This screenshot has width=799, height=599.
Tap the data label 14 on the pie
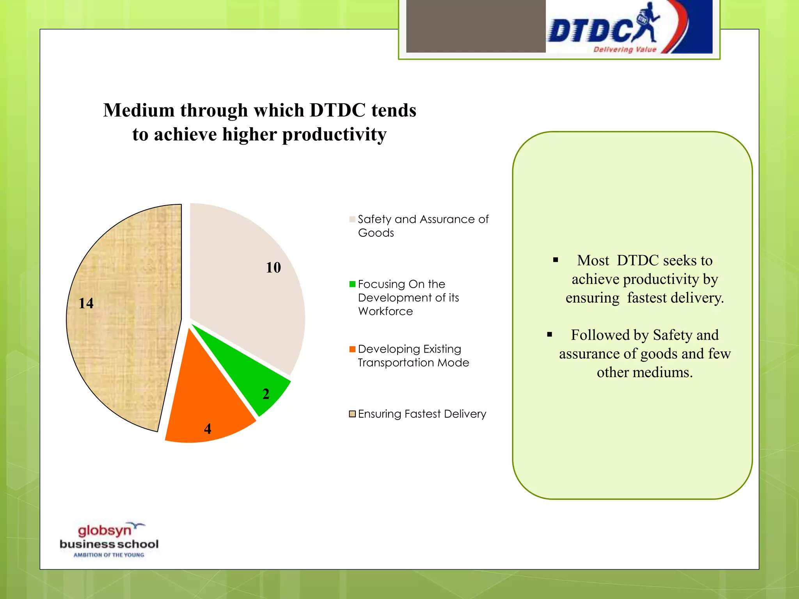point(86,303)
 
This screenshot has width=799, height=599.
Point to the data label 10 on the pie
point(273,268)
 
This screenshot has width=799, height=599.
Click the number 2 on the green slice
point(266,394)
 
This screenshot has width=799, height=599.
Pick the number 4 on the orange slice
point(208,429)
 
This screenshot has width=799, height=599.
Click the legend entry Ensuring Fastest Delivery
point(422,414)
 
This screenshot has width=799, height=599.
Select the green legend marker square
point(352,284)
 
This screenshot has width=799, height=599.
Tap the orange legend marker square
point(352,349)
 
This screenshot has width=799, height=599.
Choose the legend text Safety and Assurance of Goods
point(423,226)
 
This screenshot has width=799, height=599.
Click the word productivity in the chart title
point(334,135)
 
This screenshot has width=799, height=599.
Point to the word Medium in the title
point(138,110)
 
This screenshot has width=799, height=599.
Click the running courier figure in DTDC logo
point(646,23)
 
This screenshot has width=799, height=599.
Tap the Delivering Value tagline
point(625,50)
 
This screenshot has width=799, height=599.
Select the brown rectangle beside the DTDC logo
point(476,26)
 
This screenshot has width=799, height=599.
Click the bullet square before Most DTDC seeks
point(556,260)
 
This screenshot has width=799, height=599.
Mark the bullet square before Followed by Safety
point(549,335)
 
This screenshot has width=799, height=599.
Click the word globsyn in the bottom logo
point(105,531)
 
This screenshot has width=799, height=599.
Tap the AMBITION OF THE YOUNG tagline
point(109,555)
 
